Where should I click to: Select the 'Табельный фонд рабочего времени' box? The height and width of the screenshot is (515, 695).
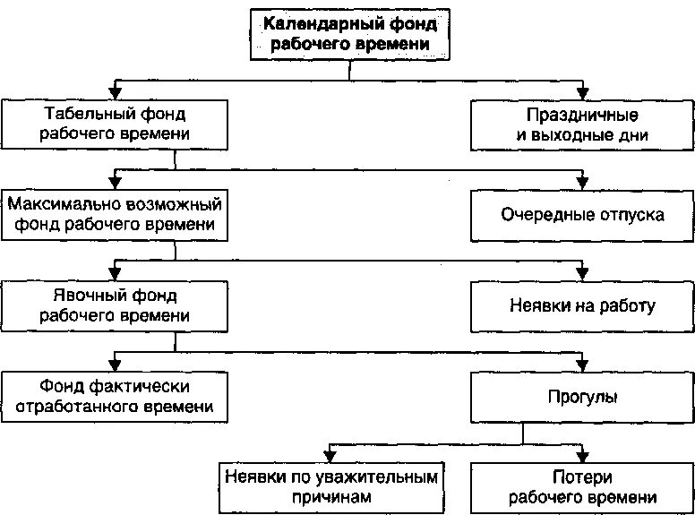[114, 124]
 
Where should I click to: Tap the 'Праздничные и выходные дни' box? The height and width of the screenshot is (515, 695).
[582, 124]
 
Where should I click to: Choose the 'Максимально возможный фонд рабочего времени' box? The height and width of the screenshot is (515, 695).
[114, 213]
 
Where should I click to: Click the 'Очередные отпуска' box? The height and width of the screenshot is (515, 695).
[582, 215]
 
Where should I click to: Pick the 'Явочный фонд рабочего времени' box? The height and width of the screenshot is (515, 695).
[114, 305]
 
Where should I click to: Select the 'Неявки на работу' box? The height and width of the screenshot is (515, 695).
[582, 305]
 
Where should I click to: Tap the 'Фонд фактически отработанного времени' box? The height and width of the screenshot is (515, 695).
[114, 396]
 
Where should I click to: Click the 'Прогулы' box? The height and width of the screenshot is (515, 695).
[582, 396]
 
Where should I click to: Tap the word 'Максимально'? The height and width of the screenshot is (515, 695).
[62, 203]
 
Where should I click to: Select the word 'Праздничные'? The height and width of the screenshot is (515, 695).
[582, 115]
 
